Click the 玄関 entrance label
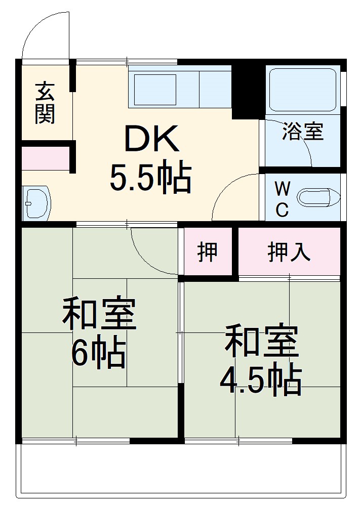pos(45,103)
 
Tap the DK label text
pos(152,140)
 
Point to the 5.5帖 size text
pos(151,177)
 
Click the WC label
pos(282,199)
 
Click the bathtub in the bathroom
pos(302,89)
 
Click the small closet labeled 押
pos(207,251)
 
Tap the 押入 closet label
pos(289,251)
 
